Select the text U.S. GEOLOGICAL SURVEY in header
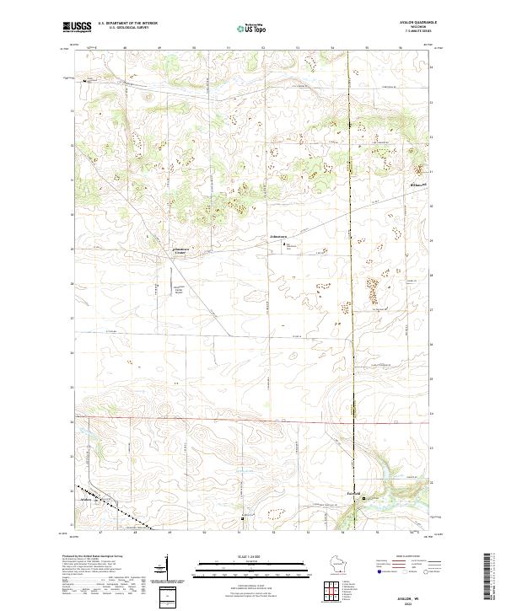click(x=123, y=27)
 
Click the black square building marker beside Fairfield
click(x=364, y=499)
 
